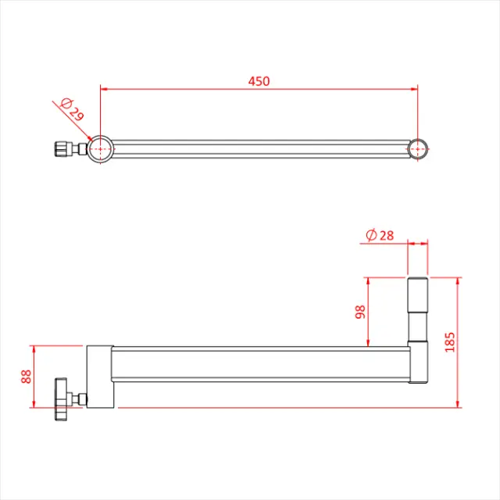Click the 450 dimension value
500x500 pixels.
(259, 81)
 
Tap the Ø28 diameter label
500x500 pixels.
(380, 234)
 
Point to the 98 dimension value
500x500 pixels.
(360, 311)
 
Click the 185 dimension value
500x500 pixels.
(449, 341)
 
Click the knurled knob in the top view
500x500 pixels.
(61, 148)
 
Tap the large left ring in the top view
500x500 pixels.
(100, 148)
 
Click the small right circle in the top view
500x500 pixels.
(419, 148)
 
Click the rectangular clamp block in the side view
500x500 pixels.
(100, 376)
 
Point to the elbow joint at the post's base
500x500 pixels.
(418, 363)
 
